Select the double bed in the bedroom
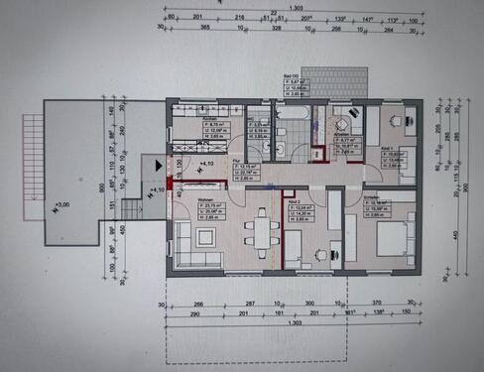[x=373, y=237]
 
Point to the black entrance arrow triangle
[x=159, y=158]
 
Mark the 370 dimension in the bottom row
[x=377, y=302]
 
